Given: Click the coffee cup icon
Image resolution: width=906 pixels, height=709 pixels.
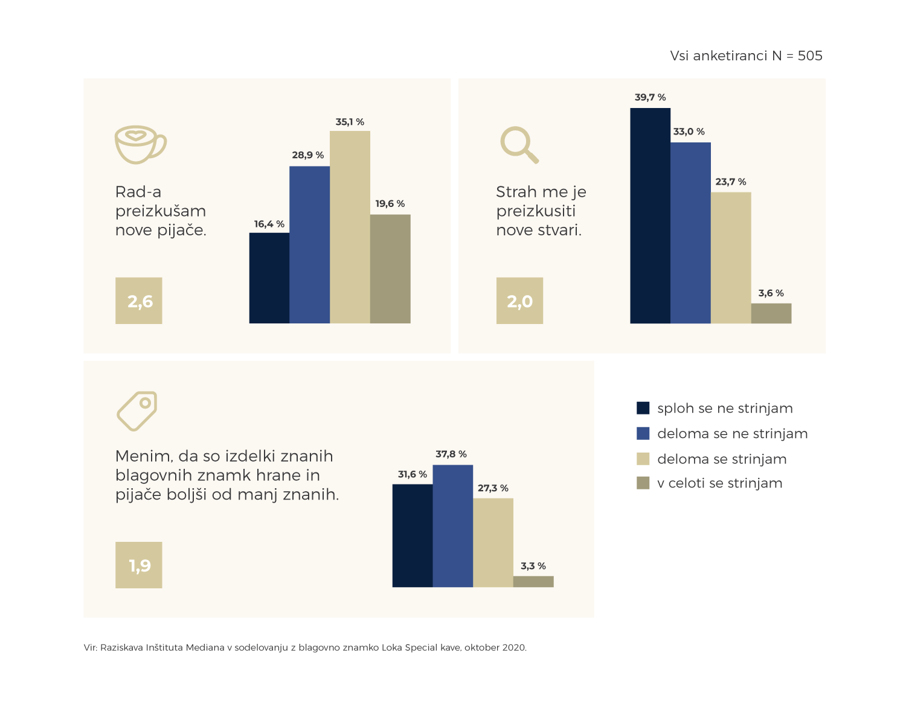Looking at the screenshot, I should pyautogui.click(x=140, y=144).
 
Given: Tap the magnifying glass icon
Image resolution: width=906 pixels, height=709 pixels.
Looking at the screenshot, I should pyautogui.click(x=519, y=145).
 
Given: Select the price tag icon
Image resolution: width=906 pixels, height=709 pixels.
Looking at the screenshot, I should pyautogui.click(x=137, y=411).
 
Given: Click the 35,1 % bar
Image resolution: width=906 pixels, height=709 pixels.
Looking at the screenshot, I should pyautogui.click(x=350, y=227).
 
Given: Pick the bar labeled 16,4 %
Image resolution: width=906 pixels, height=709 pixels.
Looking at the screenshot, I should pyautogui.click(x=269, y=278).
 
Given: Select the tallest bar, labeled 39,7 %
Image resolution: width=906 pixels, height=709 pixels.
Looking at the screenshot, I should pyautogui.click(x=650, y=215).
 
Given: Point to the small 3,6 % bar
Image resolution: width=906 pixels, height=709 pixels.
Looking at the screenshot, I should pyautogui.click(x=771, y=313).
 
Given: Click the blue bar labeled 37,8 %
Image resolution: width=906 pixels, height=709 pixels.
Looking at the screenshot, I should pyautogui.click(x=452, y=526).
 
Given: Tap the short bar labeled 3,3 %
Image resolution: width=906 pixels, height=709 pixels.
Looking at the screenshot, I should pyautogui.click(x=533, y=582).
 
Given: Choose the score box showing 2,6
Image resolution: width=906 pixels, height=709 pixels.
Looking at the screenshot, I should pyautogui.click(x=139, y=300).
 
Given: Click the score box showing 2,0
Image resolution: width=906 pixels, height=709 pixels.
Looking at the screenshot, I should pyautogui.click(x=519, y=300).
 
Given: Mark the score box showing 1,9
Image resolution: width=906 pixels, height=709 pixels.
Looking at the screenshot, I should pyautogui.click(x=139, y=565).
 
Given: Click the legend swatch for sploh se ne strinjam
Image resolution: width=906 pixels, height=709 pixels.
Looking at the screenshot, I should pyautogui.click(x=643, y=408).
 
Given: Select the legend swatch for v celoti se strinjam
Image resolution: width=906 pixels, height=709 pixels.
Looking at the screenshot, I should pyautogui.click(x=643, y=483).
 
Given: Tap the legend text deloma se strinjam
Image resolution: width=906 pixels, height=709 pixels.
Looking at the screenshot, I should pyautogui.click(x=722, y=459).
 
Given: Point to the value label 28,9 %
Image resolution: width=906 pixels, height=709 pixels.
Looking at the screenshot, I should pyautogui.click(x=308, y=155).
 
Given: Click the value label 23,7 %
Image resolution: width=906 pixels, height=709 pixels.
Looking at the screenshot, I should pyautogui.click(x=731, y=182).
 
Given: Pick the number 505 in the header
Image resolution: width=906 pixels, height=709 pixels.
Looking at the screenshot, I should pyautogui.click(x=810, y=56).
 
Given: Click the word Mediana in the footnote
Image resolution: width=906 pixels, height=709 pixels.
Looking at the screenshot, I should pyautogui.click(x=205, y=647).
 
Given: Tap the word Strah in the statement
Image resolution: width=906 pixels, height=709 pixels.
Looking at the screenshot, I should pyautogui.click(x=516, y=192).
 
